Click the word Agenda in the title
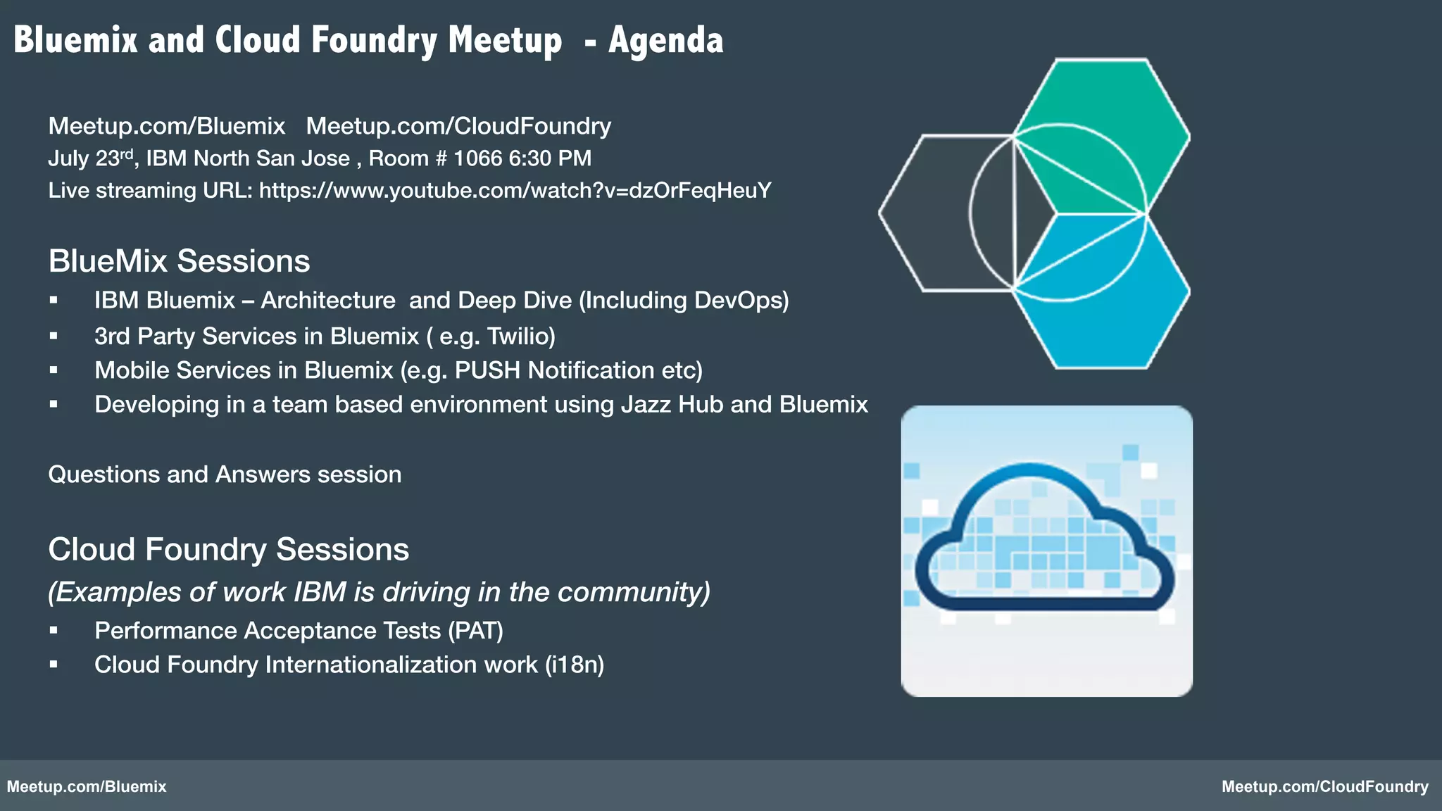[665, 41]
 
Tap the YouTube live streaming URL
[515, 191]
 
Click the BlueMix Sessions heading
[179, 261]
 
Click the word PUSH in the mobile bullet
[487, 370]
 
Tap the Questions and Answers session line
[225, 474]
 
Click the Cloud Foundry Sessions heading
[228, 550]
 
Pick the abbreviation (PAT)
[476, 631]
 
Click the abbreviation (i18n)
[575, 665]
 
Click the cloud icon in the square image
[1045, 539]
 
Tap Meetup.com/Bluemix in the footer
[87, 787]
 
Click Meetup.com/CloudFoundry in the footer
[1324, 787]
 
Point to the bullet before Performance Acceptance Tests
[54, 631]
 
